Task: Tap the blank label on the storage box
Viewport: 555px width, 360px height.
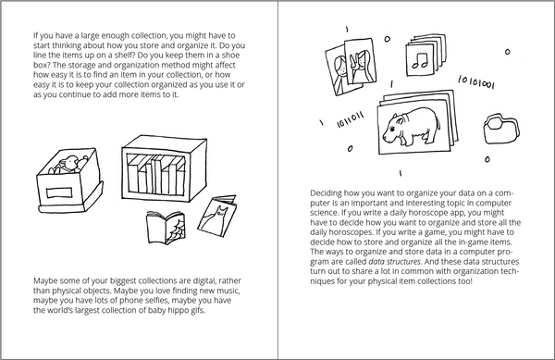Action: pos(59,192)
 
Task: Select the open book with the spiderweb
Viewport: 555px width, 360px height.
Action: pos(166,228)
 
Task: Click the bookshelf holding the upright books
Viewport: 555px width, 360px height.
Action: pos(164,168)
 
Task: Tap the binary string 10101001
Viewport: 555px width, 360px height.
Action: pos(476,82)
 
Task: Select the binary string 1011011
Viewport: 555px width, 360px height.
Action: pos(350,120)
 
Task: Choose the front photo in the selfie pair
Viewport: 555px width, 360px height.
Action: pos(359,61)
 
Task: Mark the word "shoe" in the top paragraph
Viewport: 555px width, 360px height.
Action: pos(231,56)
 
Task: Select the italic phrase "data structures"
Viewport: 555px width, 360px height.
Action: pos(395,262)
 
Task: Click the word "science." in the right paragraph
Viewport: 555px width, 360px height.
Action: pos(323,213)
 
